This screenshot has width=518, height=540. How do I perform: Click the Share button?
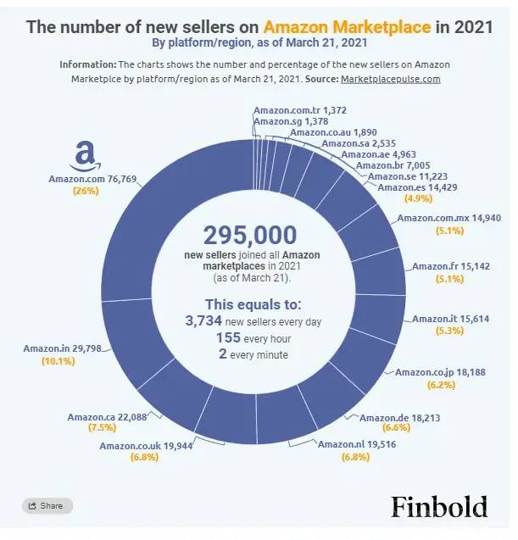(47, 506)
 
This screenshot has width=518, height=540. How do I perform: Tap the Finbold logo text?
(439, 507)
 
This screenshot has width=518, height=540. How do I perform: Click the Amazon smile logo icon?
(85, 157)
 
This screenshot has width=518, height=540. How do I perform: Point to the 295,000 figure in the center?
(250, 235)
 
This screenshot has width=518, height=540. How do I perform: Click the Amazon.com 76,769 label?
(86, 179)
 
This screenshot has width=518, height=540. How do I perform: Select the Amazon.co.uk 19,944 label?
(139, 446)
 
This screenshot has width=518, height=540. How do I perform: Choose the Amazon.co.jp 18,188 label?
(435, 372)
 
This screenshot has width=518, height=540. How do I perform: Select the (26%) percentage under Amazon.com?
(86, 191)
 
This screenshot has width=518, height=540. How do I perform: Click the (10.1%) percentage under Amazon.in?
(58, 360)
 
